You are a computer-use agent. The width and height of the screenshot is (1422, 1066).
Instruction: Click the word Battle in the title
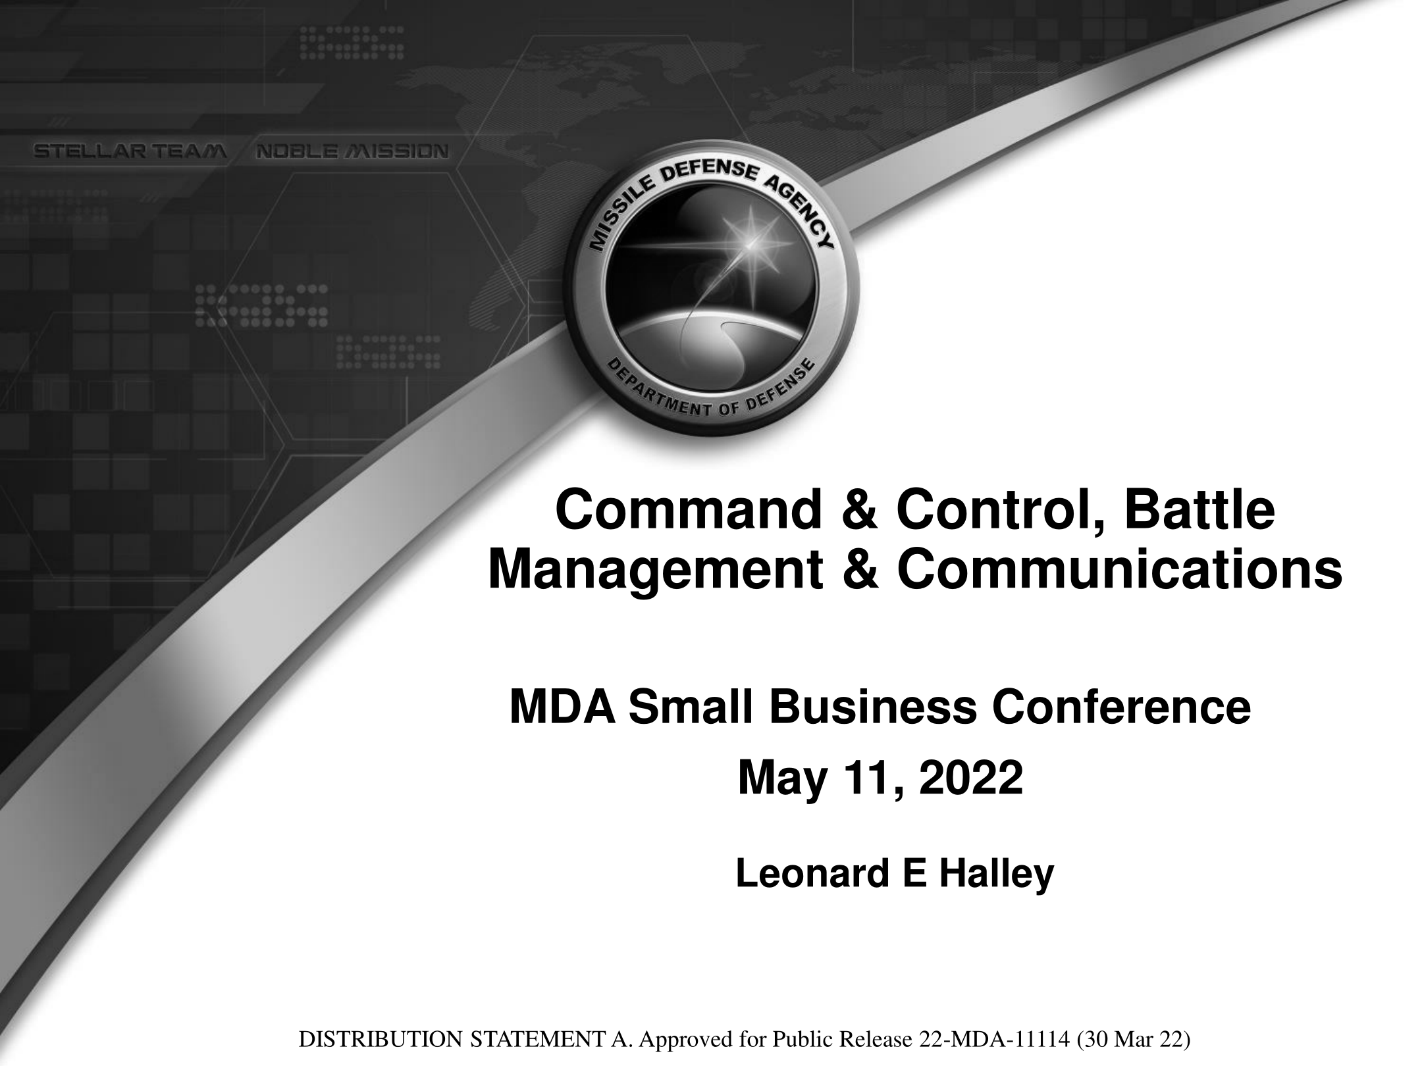[1199, 512]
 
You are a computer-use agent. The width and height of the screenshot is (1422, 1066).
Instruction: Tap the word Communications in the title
[1120, 569]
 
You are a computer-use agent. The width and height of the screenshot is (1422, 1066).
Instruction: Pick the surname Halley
[996, 875]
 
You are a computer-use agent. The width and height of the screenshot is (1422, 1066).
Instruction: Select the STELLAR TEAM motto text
[131, 152]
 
